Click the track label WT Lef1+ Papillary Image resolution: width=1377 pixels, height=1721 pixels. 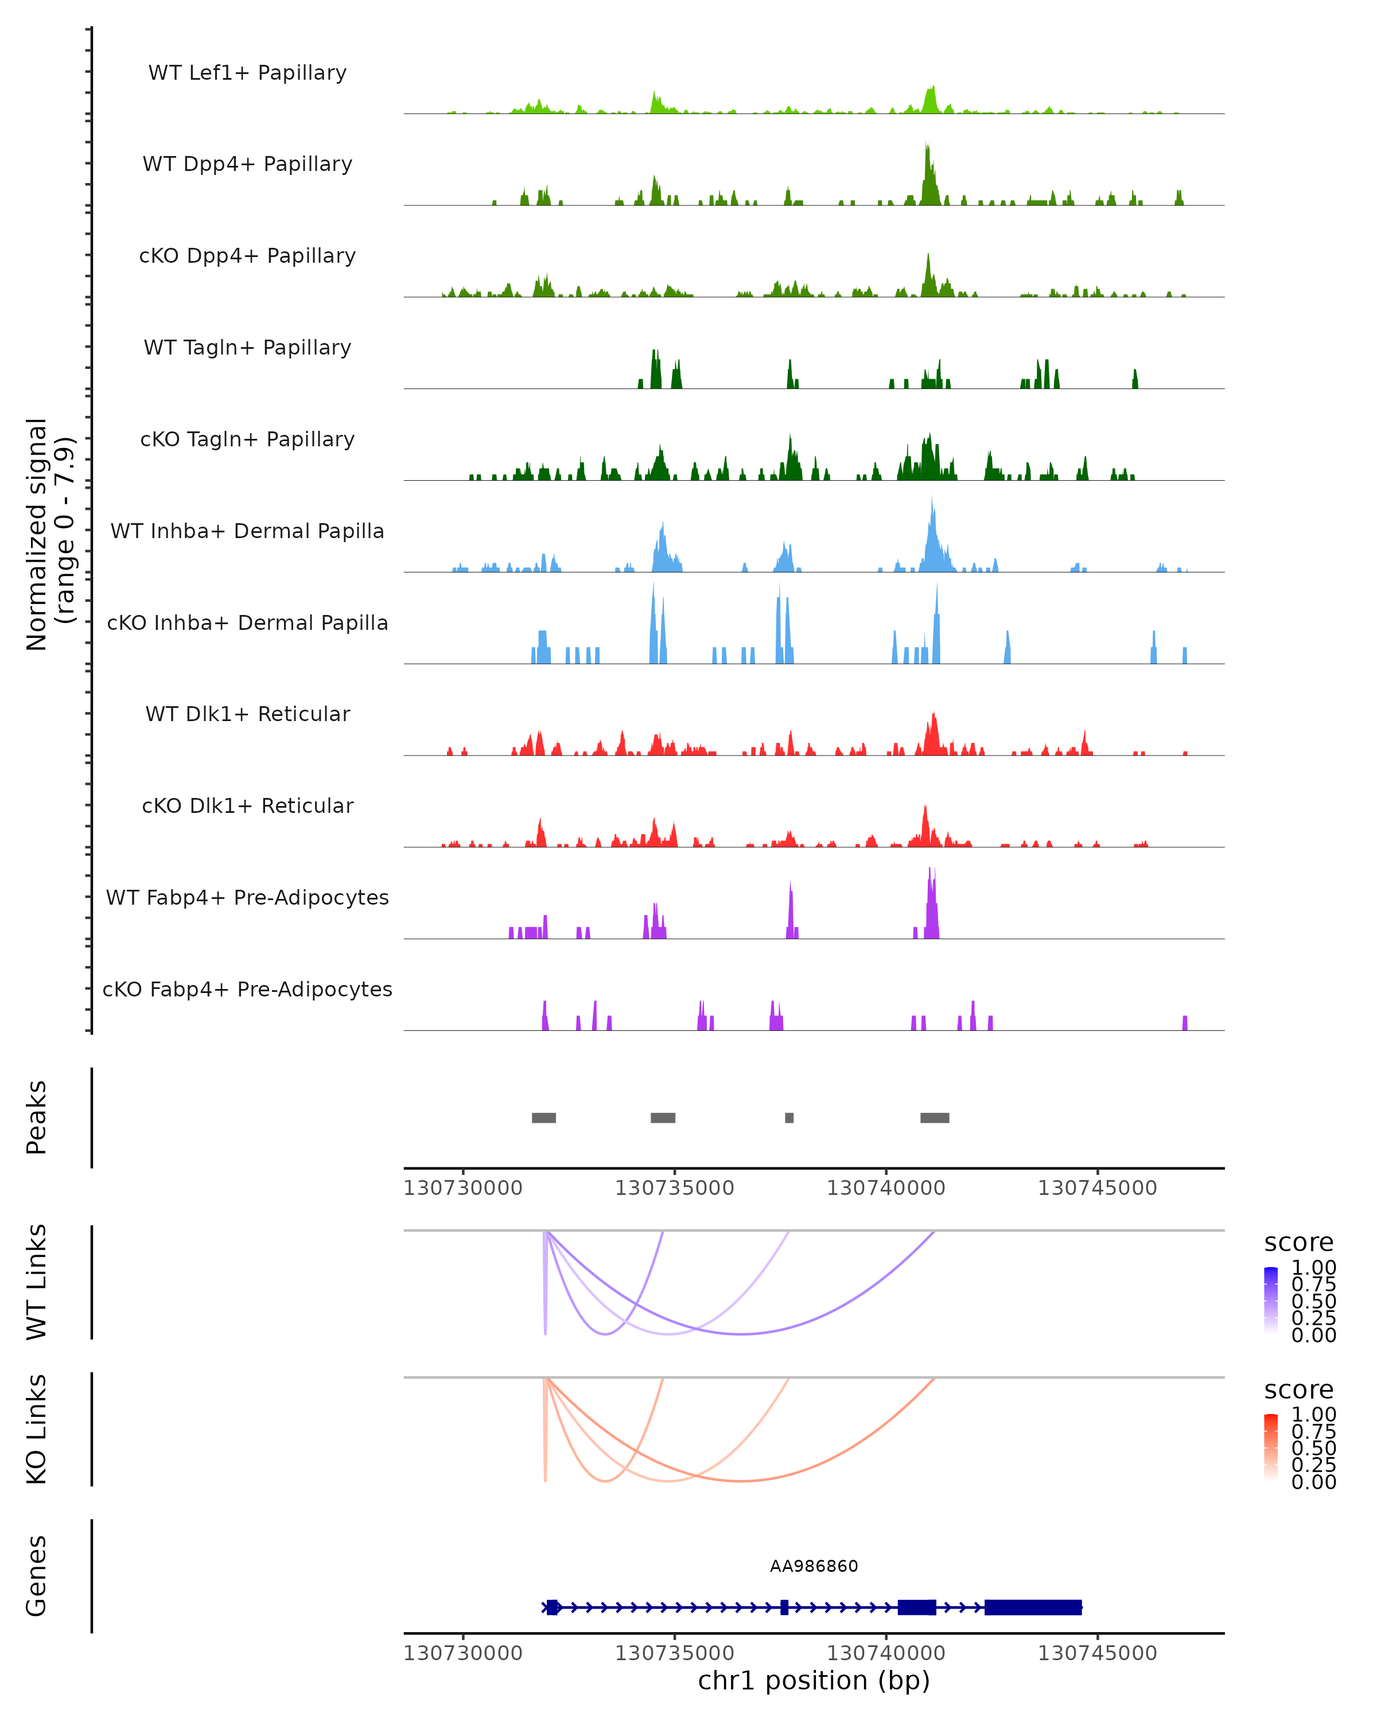point(247,73)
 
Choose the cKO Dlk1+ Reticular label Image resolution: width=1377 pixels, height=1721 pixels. point(247,805)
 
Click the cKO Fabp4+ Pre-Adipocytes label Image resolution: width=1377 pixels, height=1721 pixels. point(247,989)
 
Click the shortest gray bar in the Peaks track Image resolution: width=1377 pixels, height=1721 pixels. point(789,1118)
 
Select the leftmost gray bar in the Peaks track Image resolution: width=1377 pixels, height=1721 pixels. point(543,1118)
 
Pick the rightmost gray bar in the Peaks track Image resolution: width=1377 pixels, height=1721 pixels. point(935,1118)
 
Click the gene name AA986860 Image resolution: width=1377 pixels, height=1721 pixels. point(814,1566)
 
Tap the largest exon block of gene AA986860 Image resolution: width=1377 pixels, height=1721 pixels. point(1033,1607)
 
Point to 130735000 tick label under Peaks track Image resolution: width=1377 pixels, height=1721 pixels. point(675,1188)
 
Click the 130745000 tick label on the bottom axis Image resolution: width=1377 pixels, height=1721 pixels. point(1097,1653)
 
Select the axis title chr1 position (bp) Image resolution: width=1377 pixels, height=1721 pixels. point(814,1681)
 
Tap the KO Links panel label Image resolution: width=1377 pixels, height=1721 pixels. point(37,1430)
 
